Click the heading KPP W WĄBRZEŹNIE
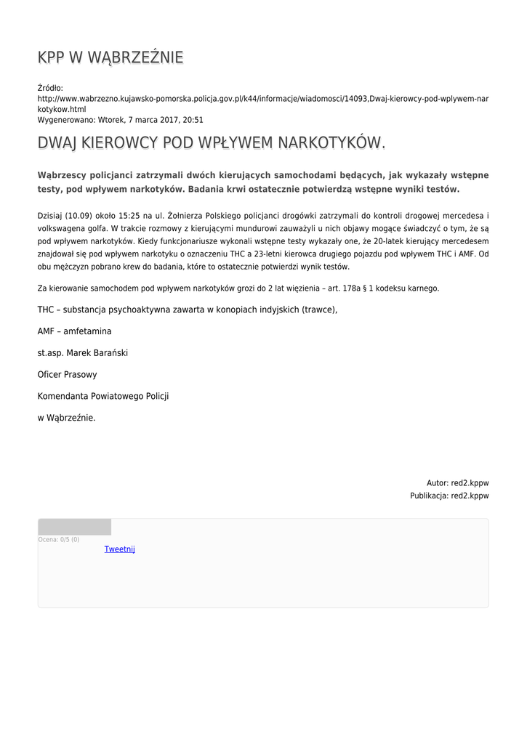coord(110,57)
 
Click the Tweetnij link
coord(120,549)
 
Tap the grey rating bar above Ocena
coord(74,527)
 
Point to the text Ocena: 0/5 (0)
coord(59,540)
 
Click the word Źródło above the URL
coord(50,88)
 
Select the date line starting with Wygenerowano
coord(120,120)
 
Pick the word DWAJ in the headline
coord(57,143)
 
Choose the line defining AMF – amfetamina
coord(75,331)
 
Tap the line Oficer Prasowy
coord(67,375)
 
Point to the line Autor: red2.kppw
coord(457,482)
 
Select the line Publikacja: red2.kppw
coord(449,496)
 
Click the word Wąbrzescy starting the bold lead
coord(66,175)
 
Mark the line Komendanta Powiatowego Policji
coord(103,396)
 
